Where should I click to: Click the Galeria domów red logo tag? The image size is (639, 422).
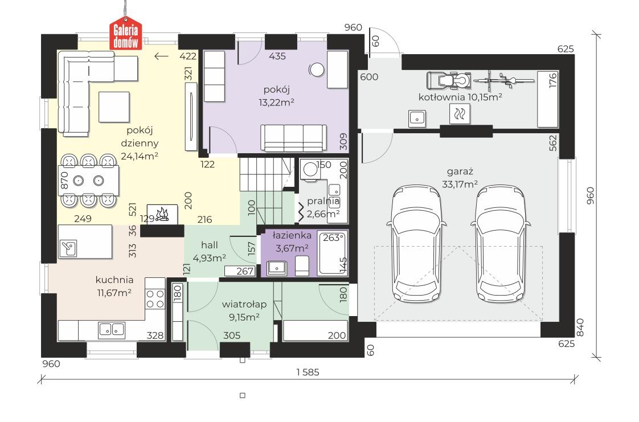[x=125, y=34]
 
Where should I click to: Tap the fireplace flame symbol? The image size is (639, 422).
[x=162, y=214]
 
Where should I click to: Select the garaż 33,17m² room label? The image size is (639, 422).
[x=460, y=178]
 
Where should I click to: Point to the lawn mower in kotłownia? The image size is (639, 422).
[x=449, y=80]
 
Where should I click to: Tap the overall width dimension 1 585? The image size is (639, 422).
[x=308, y=372]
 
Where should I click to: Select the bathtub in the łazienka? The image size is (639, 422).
[x=333, y=253]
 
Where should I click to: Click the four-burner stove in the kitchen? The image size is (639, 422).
[x=155, y=298]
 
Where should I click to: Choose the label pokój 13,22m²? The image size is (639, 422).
[x=277, y=96]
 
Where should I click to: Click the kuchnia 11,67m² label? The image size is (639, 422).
[x=114, y=286]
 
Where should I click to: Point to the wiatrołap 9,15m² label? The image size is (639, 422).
[x=244, y=310]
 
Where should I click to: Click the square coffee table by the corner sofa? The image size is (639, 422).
[x=114, y=107]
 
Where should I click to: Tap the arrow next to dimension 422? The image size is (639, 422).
[x=162, y=56]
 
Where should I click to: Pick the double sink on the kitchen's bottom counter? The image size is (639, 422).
[x=112, y=330]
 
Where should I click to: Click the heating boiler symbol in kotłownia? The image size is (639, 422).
[x=460, y=114]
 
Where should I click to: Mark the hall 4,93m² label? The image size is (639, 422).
[x=210, y=251]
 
